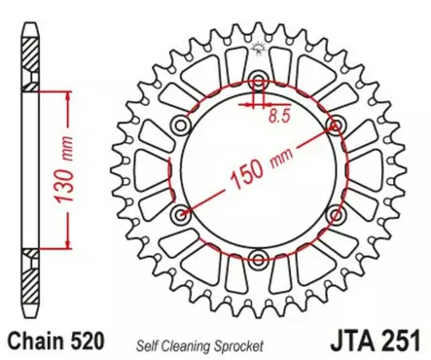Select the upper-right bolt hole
click(336, 125)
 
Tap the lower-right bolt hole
click(336, 214)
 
